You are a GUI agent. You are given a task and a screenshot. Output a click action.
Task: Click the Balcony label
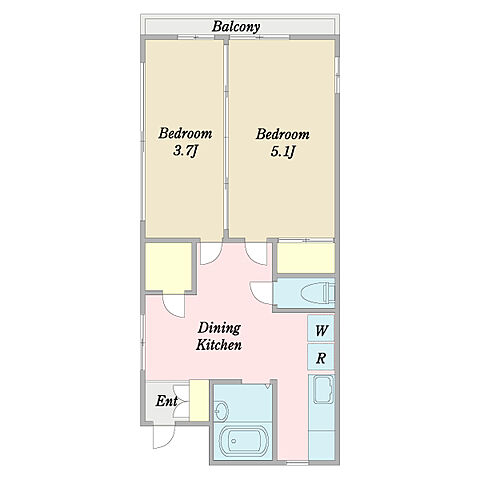point(236,27)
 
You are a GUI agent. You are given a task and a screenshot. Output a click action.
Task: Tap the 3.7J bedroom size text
point(185,151)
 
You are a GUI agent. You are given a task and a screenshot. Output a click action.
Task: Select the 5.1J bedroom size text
point(283,152)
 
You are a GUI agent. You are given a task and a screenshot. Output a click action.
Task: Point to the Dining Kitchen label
point(219,336)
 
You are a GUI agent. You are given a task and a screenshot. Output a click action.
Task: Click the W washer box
point(321,328)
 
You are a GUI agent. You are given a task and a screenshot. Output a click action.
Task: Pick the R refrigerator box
point(321,357)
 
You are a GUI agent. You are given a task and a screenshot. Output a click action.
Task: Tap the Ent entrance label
point(166,401)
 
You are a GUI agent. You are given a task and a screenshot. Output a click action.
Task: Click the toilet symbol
point(317,294)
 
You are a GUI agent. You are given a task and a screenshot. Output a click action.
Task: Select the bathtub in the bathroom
point(244,441)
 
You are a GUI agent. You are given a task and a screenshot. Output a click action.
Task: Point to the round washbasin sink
point(221,410)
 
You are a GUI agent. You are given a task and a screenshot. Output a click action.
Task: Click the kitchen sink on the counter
point(321,390)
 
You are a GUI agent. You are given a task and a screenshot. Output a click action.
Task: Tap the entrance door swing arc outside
point(164,437)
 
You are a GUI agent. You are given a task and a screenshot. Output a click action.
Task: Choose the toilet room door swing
point(261,293)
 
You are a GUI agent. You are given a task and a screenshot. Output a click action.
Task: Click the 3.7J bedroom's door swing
point(211,254)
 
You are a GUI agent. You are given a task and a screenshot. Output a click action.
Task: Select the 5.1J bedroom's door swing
point(256,254)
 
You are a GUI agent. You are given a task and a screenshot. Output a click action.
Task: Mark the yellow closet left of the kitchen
point(169,267)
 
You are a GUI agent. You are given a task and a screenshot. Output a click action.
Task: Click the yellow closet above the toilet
point(306,258)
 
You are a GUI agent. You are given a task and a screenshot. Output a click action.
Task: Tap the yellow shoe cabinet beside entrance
point(199,400)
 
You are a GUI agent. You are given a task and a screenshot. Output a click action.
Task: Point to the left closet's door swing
point(173,306)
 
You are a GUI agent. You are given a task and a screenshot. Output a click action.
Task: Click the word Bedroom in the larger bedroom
point(283,134)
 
